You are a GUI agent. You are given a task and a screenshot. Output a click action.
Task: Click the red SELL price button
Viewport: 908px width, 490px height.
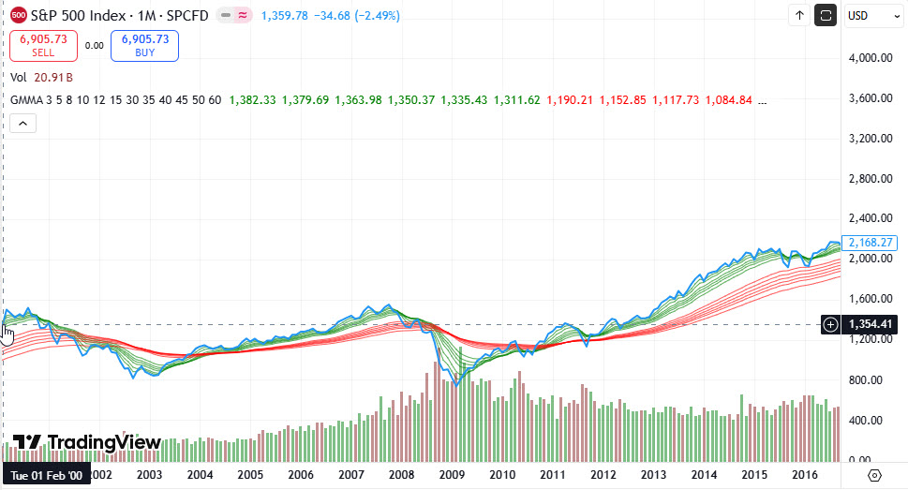[50, 45]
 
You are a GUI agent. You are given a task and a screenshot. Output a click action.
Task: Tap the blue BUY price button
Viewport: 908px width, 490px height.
[144, 45]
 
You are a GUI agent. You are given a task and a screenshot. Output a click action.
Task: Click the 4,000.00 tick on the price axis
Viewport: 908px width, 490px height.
[870, 58]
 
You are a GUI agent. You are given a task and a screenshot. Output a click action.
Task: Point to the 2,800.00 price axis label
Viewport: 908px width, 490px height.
[870, 179]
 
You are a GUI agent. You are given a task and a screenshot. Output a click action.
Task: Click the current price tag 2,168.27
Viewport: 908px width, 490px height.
[871, 242]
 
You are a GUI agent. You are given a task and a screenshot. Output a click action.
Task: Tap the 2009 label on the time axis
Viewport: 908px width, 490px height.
[453, 475]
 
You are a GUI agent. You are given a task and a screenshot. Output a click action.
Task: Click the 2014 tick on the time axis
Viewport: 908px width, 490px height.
[704, 475]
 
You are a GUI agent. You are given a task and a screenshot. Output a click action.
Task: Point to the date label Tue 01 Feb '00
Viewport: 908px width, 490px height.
[46, 475]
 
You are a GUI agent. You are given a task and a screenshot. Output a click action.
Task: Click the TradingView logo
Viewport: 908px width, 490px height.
[87, 442]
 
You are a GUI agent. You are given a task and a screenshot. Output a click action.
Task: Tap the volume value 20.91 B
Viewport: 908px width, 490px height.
[53, 78]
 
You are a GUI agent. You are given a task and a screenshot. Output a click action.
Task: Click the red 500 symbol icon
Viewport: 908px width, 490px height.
[19, 15]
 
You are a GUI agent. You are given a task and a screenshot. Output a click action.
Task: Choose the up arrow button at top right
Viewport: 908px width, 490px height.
[799, 15]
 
